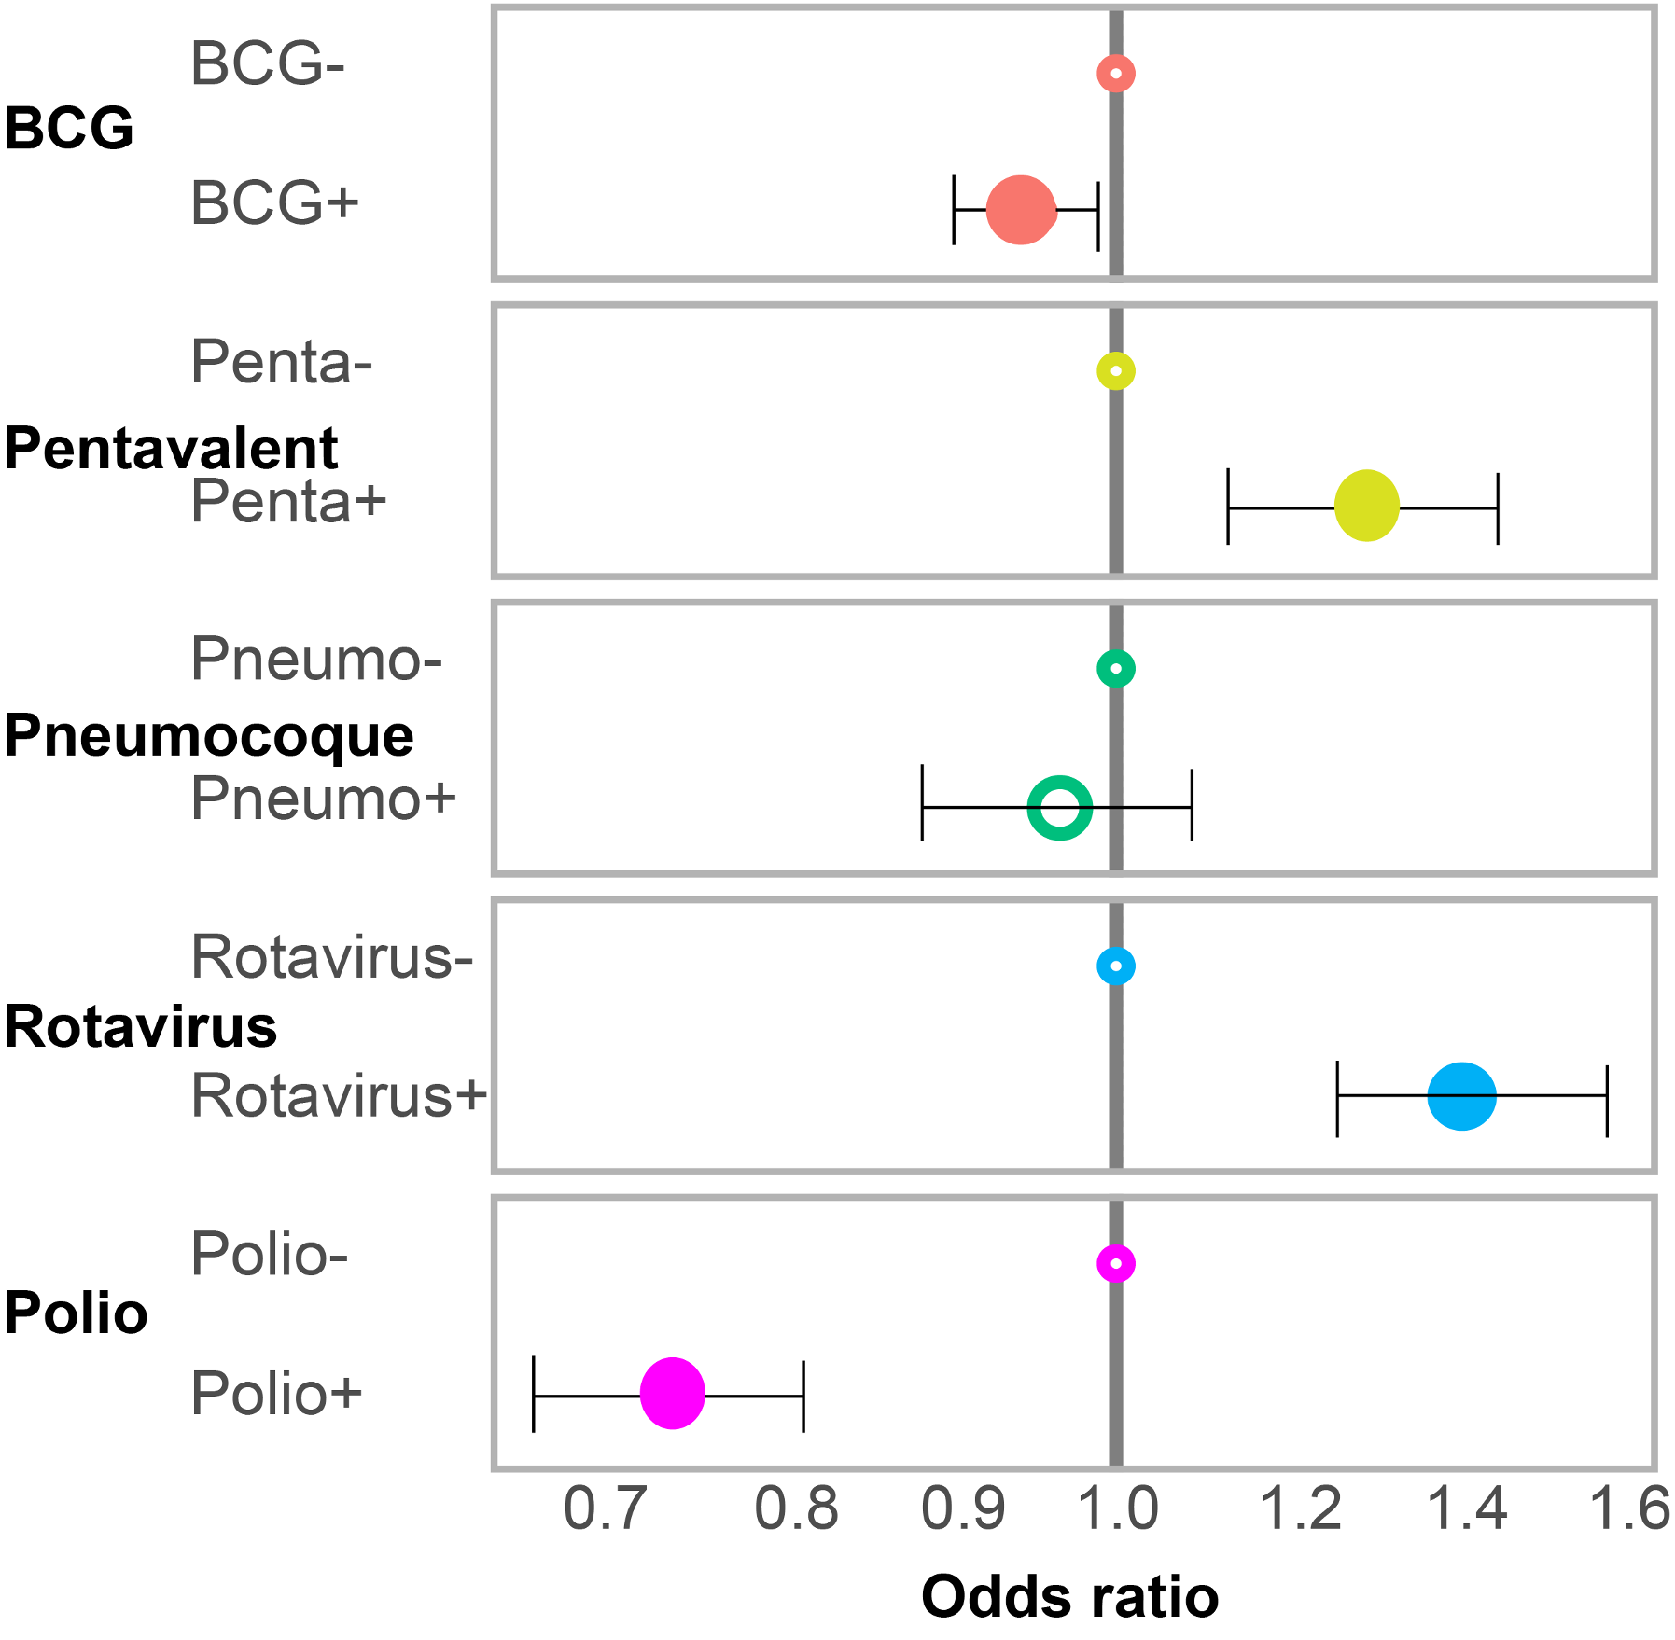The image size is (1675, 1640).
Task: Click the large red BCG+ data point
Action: (1021, 210)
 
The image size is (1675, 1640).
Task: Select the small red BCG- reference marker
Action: (1116, 73)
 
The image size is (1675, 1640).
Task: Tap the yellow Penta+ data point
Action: (1367, 507)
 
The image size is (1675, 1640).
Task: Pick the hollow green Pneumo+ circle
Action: (1060, 807)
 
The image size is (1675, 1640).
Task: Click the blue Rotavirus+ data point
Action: (1462, 1096)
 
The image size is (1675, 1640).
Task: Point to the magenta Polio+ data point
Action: (673, 1394)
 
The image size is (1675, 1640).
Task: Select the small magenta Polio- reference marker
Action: (1116, 1264)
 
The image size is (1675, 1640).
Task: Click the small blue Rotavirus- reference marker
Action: (1116, 966)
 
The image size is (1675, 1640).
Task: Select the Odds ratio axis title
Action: (1069, 1596)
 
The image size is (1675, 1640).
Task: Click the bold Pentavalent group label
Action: (171, 448)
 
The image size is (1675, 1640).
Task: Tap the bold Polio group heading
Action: (77, 1313)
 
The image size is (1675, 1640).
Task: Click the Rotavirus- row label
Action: (332, 957)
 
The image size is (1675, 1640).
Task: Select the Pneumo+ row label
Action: (324, 799)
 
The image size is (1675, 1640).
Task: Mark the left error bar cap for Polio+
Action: (533, 1394)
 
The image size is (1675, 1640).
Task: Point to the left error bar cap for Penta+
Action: (1228, 507)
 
